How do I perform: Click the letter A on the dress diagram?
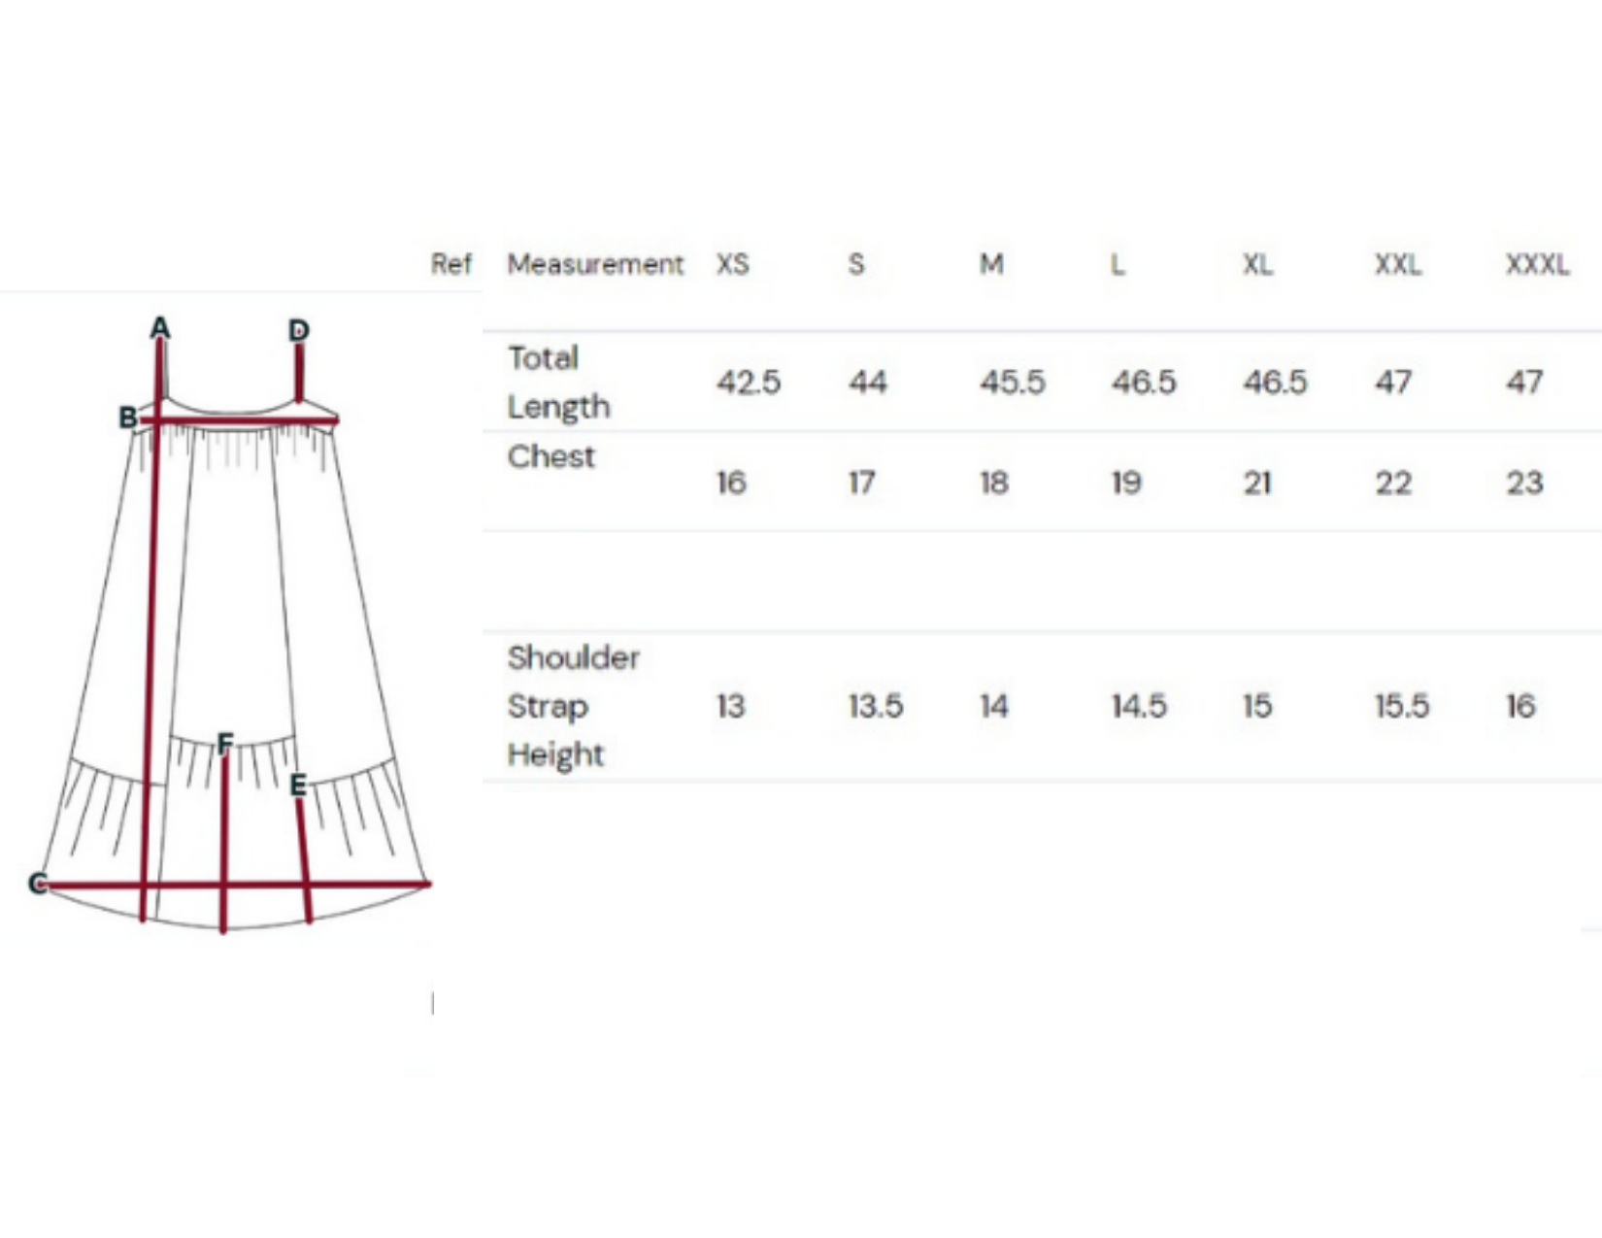160,327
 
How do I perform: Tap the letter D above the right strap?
299,330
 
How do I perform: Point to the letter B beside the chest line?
127,418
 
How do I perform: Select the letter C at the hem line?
38,883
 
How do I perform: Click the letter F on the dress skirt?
225,743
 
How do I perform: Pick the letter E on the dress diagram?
298,786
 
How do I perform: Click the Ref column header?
451,264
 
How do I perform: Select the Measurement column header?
595,264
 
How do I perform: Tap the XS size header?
733,264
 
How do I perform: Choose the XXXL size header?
1537,264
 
